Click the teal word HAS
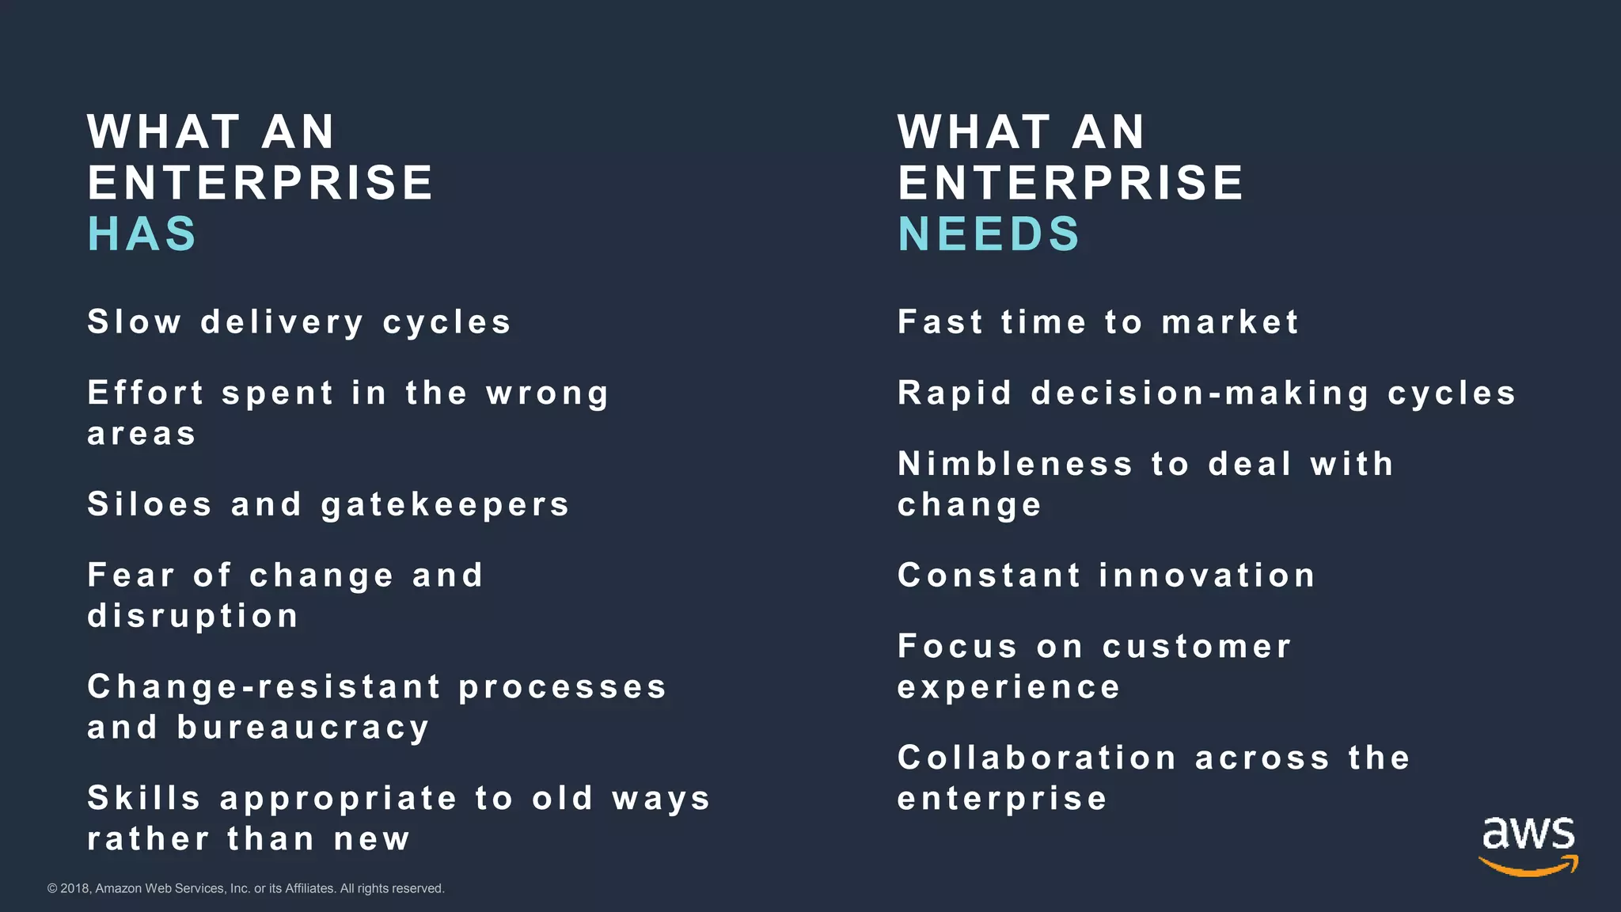pos(142,234)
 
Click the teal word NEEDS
pos(989,234)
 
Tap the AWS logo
pos(1528,846)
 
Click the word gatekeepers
pos(446,505)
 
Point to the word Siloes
pos(150,504)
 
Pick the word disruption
pos(193,616)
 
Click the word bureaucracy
pos(303,728)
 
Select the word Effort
pos(146,393)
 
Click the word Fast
pos(940,322)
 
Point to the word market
pos(1230,322)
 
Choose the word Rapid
pos(955,393)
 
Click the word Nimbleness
pos(1015,464)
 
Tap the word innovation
pos(1207,576)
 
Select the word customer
pos(1197,647)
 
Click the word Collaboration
pos(1037,758)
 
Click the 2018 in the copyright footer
pos(74,888)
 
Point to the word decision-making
pos(1200,393)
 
